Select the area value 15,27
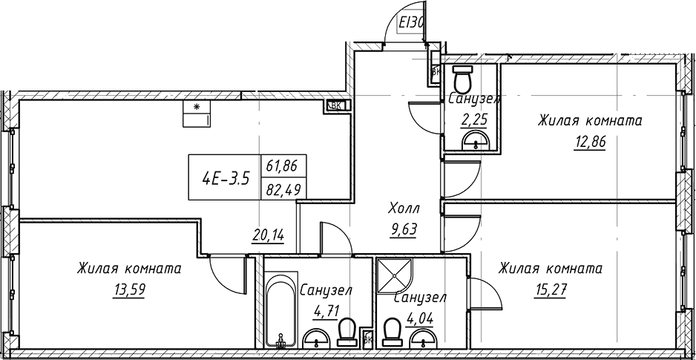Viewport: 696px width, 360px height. pyautogui.click(x=549, y=289)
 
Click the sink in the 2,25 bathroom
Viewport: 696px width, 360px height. pyautogui.click(x=473, y=141)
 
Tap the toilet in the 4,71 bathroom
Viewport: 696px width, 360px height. pyautogui.click(x=346, y=332)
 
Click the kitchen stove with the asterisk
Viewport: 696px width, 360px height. pyautogui.click(x=197, y=114)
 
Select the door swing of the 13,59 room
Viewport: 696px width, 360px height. pyautogui.click(x=226, y=273)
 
